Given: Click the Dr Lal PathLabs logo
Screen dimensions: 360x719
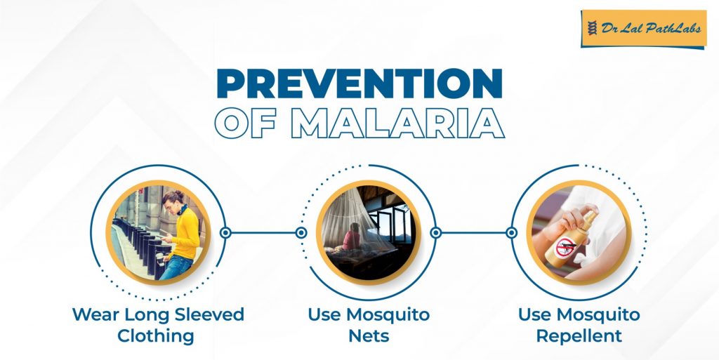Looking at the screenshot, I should [x=642, y=29].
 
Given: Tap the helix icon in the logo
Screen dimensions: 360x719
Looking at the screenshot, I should [x=591, y=29].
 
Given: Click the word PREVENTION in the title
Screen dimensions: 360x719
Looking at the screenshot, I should [x=359, y=84].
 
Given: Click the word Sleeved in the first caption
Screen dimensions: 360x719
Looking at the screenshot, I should [x=206, y=314].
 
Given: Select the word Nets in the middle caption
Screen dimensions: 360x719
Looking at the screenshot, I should [x=368, y=335].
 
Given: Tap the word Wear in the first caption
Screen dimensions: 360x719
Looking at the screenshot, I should [x=95, y=314].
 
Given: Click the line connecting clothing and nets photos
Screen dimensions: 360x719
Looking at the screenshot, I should [x=263, y=232].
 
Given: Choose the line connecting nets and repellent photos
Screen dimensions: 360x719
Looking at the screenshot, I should [x=473, y=232].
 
